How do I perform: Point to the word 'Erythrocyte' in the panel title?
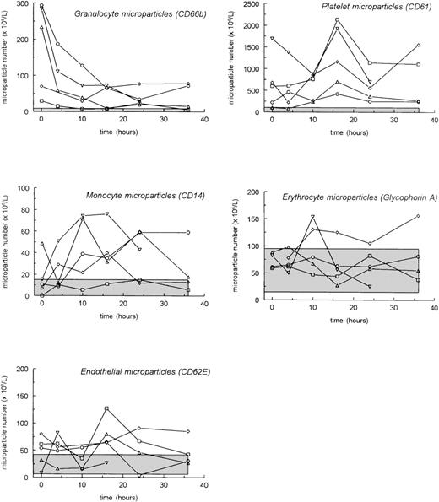point(316,196)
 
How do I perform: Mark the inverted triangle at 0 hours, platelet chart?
point(272,38)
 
